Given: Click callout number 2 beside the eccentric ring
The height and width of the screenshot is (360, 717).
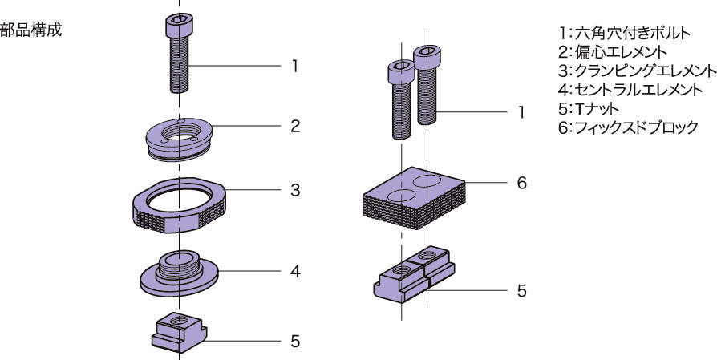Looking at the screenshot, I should [295, 127].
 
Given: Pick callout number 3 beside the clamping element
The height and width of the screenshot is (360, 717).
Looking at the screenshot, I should [295, 191].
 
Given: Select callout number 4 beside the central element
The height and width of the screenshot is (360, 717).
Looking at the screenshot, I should [295, 271].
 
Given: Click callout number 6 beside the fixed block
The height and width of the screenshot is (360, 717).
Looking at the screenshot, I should [521, 183].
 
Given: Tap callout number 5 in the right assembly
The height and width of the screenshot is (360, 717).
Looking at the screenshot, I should [521, 290].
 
